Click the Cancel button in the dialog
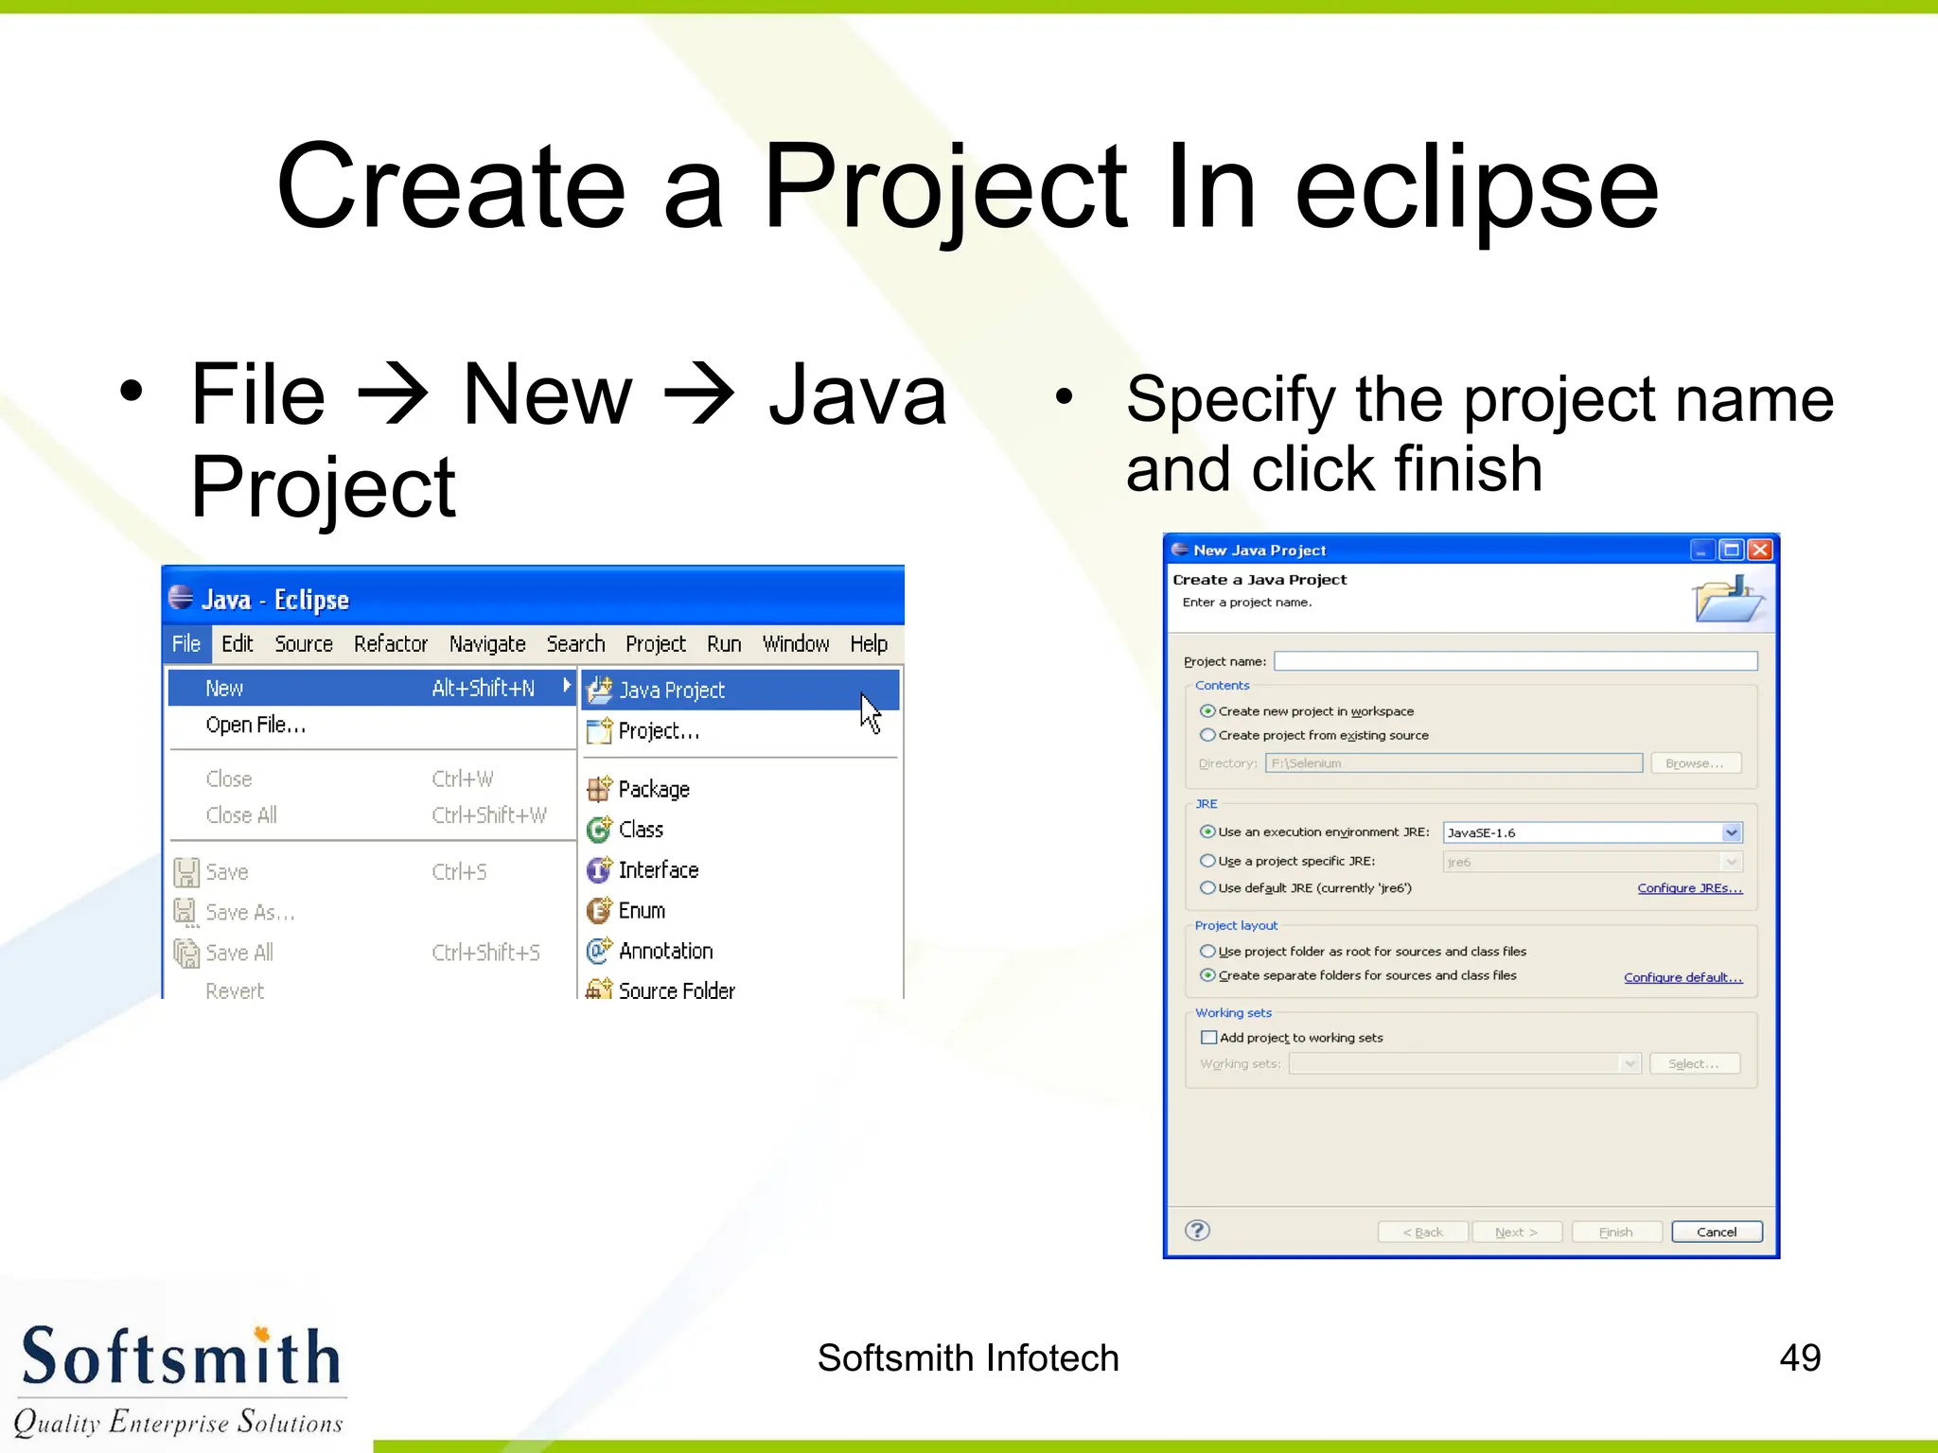pos(1716,1232)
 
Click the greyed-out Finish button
pos(1615,1232)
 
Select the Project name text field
pos(1514,661)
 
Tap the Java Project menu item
pos(672,691)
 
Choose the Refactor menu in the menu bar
pos(390,644)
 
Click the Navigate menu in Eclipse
pos(486,644)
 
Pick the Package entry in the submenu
pos(653,789)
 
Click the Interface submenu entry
pos(658,870)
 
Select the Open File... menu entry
pos(255,726)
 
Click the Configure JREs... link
pos(1689,888)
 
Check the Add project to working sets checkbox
pos(1208,1038)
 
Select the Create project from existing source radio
pos(1207,735)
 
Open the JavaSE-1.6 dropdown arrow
pos(1731,832)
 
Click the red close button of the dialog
pos(1760,550)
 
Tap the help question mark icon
pos(1197,1230)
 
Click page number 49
pos(1799,1357)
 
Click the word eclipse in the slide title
pos(1476,189)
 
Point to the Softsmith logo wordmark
pos(180,1357)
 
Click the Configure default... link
pos(1683,977)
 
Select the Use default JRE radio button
pos(1207,888)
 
